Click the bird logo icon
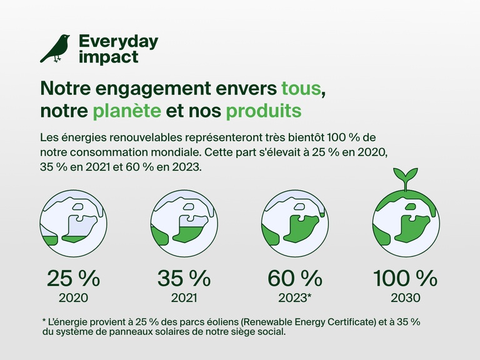click(x=55, y=48)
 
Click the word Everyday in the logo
click(x=118, y=42)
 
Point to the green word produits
click(x=263, y=111)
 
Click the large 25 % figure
click(x=74, y=277)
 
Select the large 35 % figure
click(x=184, y=277)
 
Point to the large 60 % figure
click(x=295, y=277)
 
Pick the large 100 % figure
click(x=405, y=277)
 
